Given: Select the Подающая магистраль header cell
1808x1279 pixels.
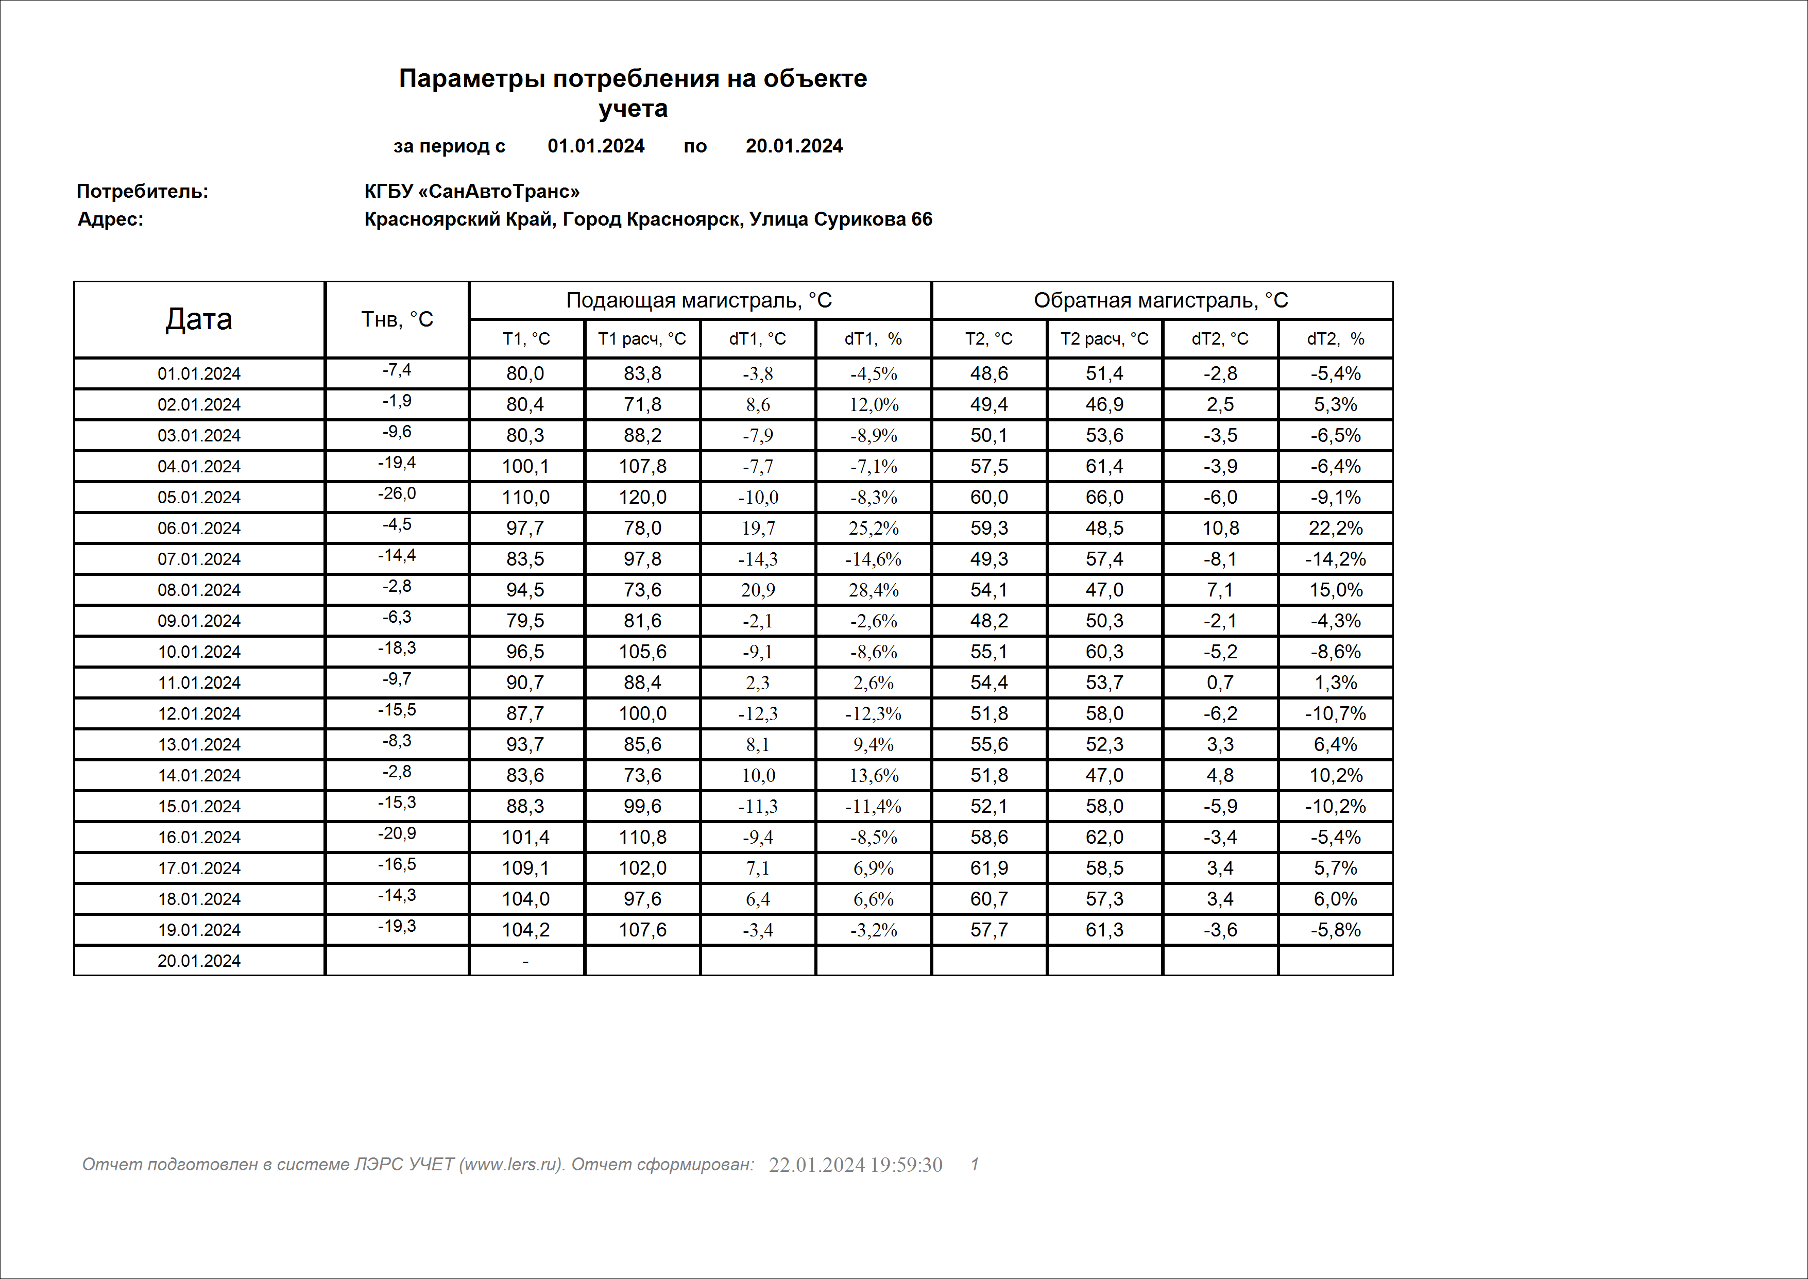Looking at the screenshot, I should (700, 300).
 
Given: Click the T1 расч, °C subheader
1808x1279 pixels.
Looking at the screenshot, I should (642, 338).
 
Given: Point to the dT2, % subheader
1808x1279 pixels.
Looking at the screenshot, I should (1336, 338).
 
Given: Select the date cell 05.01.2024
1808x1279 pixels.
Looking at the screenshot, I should (198, 498).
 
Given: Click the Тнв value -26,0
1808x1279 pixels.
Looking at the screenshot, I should (397, 494).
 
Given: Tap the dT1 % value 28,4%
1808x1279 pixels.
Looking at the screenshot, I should (873, 590).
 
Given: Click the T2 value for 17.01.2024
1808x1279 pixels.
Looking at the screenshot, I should (989, 868).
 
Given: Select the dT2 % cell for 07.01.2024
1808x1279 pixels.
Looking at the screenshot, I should (1336, 559).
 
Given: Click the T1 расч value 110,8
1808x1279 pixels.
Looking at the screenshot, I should (642, 837).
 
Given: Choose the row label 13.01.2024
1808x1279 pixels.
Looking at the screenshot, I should (198, 745).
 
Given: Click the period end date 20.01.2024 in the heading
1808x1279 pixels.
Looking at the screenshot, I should (794, 146).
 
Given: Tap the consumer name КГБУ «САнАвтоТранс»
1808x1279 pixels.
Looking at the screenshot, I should (472, 192).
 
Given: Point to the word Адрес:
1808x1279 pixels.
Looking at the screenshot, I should (110, 219).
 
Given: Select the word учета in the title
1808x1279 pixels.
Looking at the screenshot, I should (633, 109).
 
